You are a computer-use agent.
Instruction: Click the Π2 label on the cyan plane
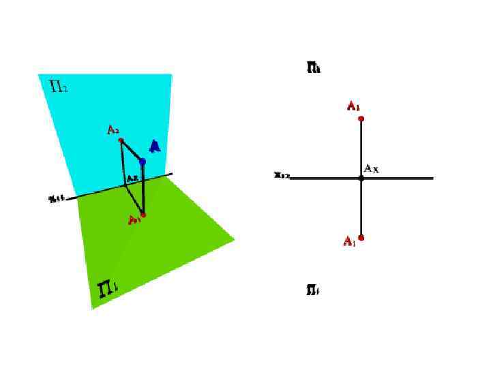point(59,86)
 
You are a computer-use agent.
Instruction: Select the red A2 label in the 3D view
point(113,129)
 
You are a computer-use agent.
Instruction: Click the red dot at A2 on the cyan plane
point(121,140)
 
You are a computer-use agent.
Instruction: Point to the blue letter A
point(155,147)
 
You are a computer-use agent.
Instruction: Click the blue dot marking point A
point(143,162)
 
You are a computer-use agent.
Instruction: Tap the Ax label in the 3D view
point(132,179)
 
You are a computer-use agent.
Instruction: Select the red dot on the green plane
point(143,215)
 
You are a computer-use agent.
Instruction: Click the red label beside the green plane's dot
point(134,220)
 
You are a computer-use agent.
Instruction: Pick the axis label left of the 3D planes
point(57,199)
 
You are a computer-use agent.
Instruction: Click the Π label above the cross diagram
point(314,67)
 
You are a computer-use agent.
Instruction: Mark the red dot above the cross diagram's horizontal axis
point(361,119)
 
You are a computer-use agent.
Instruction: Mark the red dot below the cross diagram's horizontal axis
point(361,238)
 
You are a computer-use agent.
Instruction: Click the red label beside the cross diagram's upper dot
point(353,106)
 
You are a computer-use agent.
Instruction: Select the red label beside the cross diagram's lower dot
point(349,242)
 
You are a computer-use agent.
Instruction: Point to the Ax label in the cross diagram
point(372,168)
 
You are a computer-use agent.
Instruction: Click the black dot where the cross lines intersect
point(361,178)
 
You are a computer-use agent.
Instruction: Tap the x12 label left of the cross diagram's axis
point(282,175)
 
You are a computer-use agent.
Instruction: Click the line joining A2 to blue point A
point(132,151)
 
